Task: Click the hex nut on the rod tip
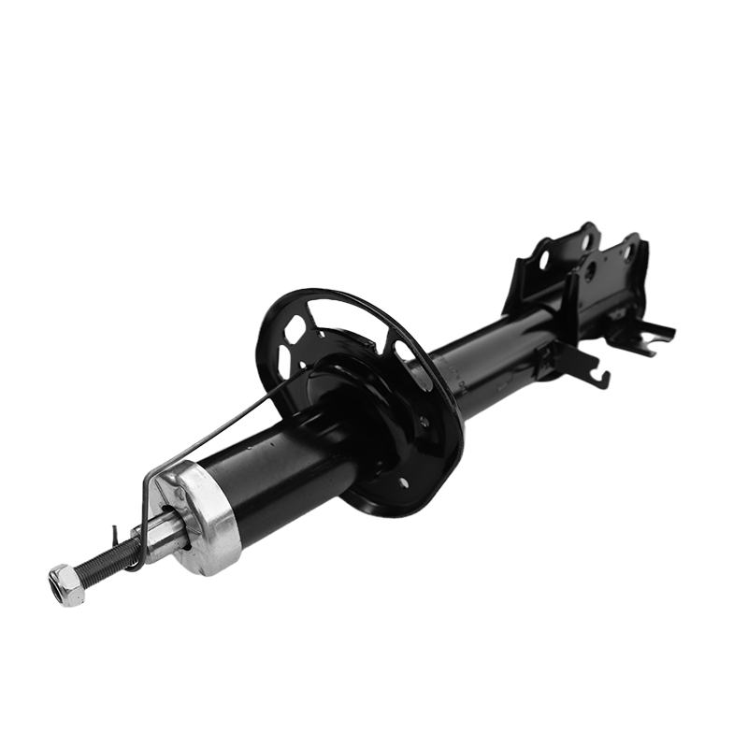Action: pyautogui.click(x=66, y=586)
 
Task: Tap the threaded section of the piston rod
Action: pyautogui.click(x=105, y=565)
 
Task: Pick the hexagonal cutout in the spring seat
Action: pyautogui.click(x=295, y=329)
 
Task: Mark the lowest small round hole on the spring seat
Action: pyautogui.click(x=404, y=483)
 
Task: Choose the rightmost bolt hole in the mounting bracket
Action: pyautogui.click(x=628, y=252)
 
